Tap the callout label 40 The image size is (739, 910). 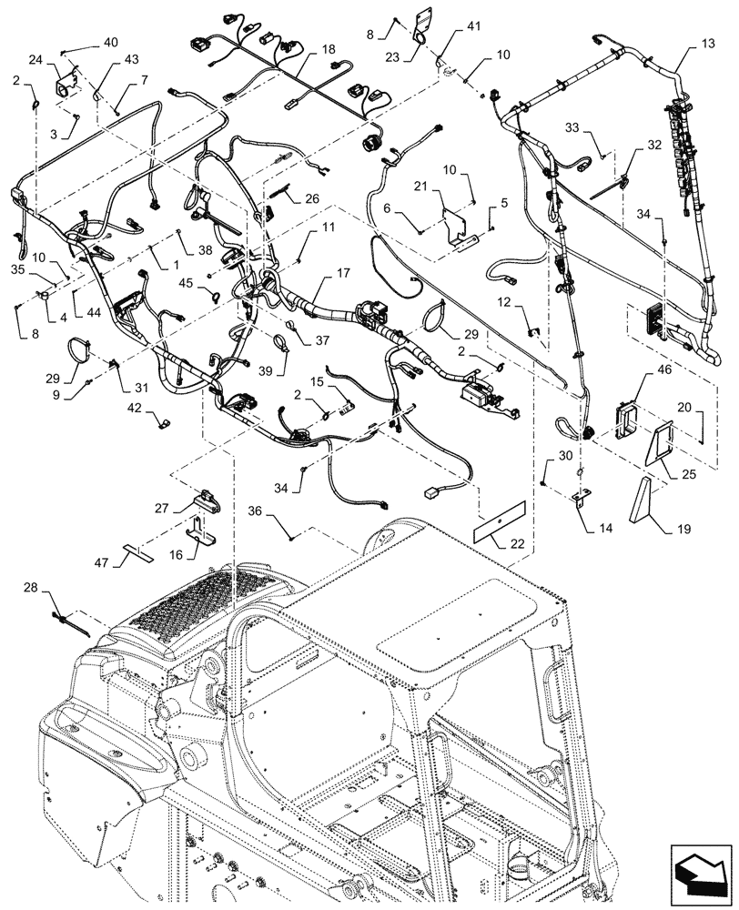pyautogui.click(x=110, y=43)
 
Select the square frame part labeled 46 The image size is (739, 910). pyautogui.click(x=626, y=420)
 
